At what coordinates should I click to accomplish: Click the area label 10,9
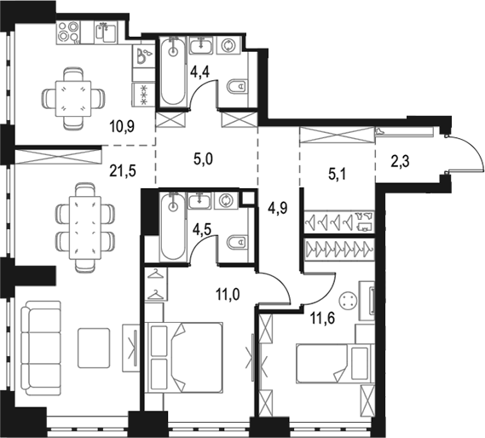[x=122, y=126]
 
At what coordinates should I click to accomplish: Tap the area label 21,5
[x=123, y=170]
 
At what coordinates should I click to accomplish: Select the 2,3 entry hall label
[x=401, y=161]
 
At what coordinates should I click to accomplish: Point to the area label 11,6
[x=323, y=319]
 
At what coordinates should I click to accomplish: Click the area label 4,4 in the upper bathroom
[x=200, y=72]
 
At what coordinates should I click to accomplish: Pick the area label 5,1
[x=338, y=175]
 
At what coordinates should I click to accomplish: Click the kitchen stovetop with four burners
[x=68, y=32]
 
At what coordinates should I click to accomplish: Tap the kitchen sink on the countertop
[x=106, y=32]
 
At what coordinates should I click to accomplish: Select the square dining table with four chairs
[x=73, y=98]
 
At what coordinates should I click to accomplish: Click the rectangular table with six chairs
[x=85, y=228]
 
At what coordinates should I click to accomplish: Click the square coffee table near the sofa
[x=94, y=348]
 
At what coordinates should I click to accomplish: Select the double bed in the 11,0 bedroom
[x=185, y=358]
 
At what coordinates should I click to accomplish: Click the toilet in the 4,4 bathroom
[x=238, y=87]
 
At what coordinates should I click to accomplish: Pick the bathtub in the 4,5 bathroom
[x=173, y=226]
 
